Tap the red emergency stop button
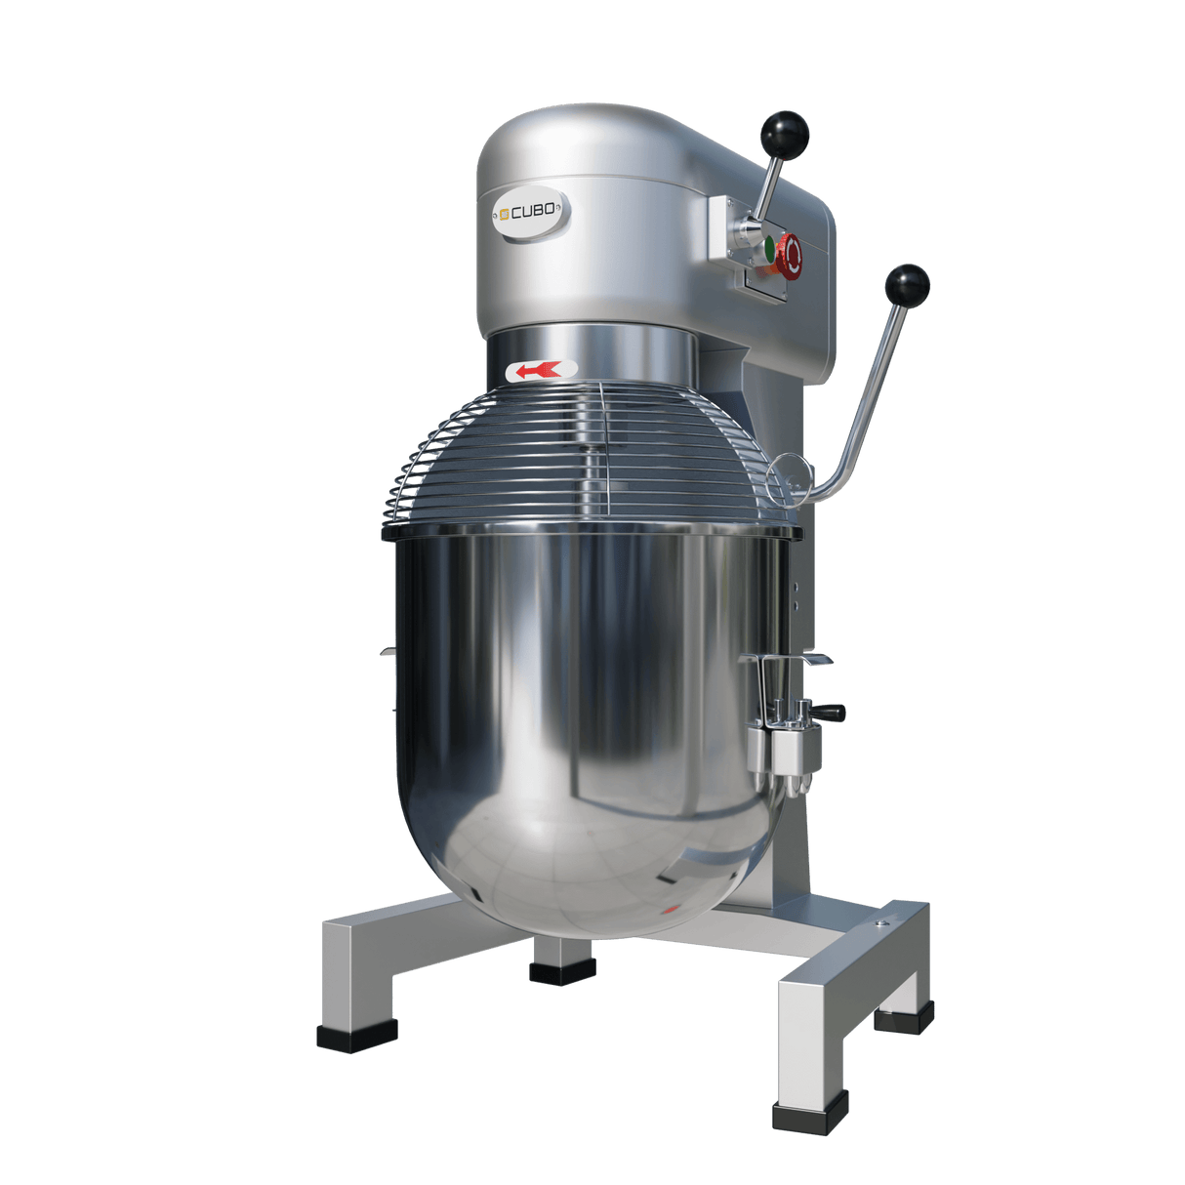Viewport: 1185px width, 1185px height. [792, 253]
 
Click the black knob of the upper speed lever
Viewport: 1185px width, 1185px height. [787, 132]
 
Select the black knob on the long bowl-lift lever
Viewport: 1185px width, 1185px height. [907, 285]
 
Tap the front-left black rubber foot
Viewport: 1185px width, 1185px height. [355, 1037]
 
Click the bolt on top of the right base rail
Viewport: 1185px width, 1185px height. [883, 920]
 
